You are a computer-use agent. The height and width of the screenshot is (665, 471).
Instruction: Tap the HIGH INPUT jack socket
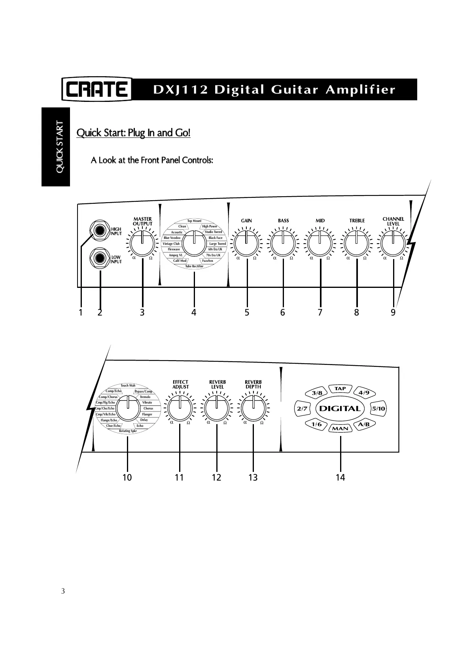[x=99, y=231]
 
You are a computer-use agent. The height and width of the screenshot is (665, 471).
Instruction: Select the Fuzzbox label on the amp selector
[x=208, y=261]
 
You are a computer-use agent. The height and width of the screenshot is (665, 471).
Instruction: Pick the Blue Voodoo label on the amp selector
[x=172, y=238]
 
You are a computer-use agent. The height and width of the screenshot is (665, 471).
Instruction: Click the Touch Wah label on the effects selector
[x=128, y=385]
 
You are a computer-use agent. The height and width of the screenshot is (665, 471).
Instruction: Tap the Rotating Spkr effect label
[x=128, y=431]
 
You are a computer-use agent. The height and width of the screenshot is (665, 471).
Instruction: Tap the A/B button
[x=363, y=425]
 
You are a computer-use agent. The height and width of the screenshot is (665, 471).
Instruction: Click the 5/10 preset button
[x=378, y=409]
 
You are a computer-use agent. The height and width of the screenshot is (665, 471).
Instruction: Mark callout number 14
[x=340, y=477]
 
